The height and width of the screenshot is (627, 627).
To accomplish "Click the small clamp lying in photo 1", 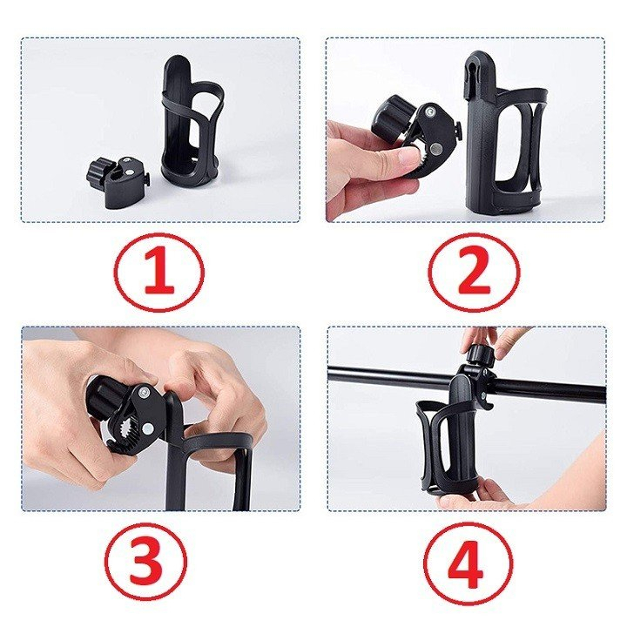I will click(x=121, y=182).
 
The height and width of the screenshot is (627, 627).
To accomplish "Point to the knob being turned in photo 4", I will click(x=476, y=355).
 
